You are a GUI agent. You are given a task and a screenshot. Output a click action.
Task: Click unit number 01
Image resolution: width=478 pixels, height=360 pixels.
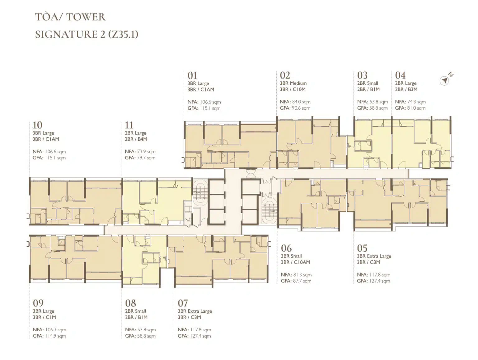(192, 75)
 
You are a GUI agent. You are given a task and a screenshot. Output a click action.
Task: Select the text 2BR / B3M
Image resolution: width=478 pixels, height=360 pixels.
(406, 89)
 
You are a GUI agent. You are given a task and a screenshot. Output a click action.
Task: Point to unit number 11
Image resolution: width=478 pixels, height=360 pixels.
(129, 125)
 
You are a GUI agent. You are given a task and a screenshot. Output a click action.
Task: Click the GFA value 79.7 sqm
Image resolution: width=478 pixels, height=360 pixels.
(146, 158)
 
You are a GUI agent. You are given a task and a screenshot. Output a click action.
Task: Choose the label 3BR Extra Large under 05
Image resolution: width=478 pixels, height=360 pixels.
(374, 256)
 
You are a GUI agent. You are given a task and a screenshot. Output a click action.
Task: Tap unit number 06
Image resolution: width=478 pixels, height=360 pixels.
(286, 248)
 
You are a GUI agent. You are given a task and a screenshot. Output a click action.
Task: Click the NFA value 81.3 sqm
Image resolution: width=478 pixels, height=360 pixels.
(302, 275)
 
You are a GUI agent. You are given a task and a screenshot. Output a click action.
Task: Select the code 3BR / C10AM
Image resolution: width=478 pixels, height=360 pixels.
(295, 262)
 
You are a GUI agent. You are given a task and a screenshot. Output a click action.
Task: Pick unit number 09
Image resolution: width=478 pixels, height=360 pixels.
(38, 303)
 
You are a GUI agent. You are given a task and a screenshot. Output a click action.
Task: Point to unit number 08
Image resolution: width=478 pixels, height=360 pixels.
(130, 303)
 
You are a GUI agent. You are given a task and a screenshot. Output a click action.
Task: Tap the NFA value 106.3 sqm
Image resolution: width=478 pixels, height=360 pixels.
(55, 330)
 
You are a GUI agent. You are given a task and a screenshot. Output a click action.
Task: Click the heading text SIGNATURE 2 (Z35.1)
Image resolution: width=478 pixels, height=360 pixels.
(87, 34)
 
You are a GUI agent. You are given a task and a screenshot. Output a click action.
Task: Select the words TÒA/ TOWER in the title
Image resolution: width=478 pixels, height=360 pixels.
(70, 17)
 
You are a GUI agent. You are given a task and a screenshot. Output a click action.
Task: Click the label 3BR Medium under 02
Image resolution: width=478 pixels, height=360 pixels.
(293, 83)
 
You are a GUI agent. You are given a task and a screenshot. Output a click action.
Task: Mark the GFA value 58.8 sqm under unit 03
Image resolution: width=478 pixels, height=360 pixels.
(378, 108)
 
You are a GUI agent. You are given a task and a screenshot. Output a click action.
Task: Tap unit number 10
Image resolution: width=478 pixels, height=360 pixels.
(37, 125)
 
